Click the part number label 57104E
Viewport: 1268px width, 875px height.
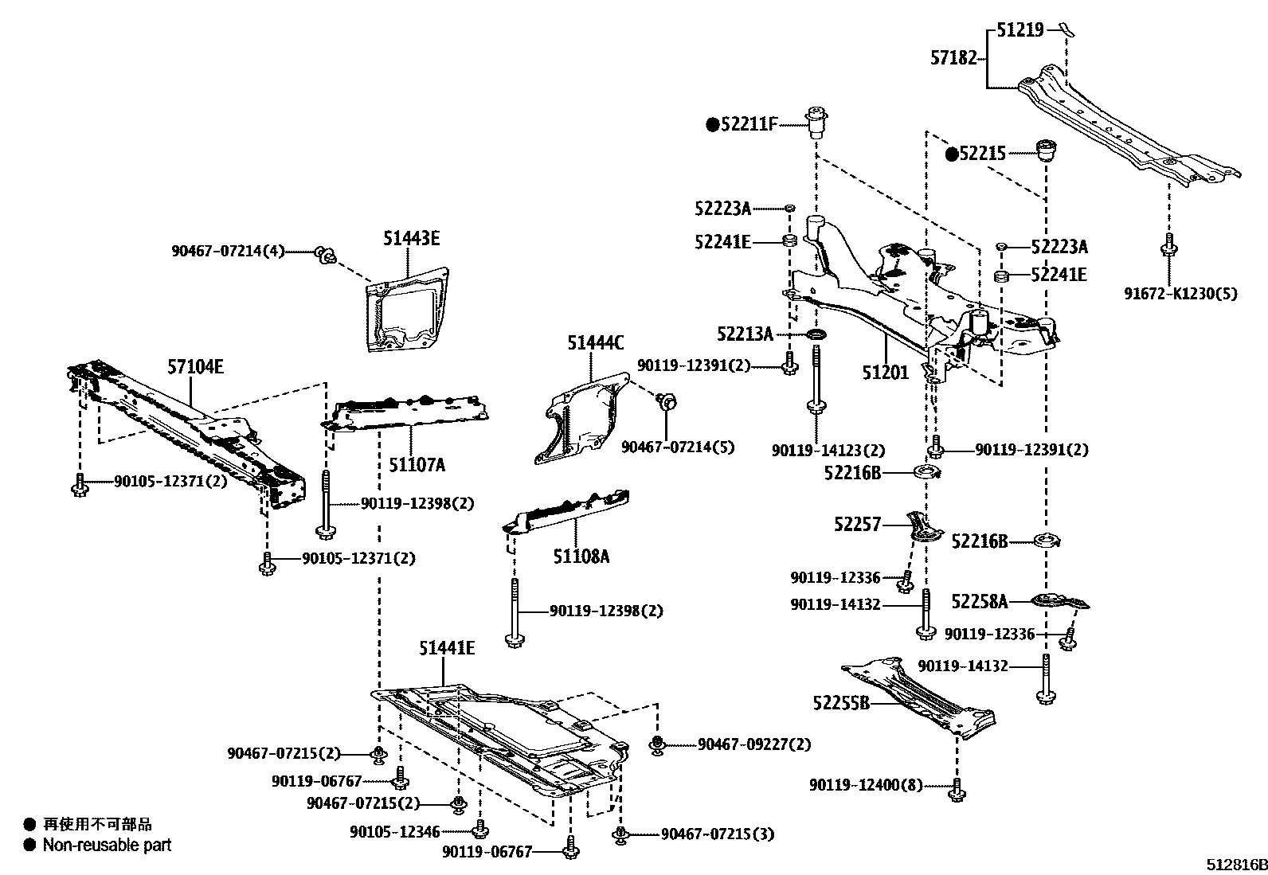tap(195, 367)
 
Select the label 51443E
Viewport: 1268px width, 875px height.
tap(411, 237)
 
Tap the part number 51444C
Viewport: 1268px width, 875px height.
tap(595, 343)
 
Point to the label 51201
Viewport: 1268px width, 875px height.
tap(884, 372)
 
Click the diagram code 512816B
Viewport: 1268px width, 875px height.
tap(1235, 864)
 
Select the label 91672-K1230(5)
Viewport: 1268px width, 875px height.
tap(1181, 293)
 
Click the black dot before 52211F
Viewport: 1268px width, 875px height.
tap(713, 124)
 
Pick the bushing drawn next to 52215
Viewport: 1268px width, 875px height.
tap(1047, 150)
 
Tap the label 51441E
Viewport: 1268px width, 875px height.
tap(447, 649)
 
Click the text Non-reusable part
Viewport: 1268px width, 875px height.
tap(107, 845)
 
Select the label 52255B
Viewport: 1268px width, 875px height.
tap(841, 703)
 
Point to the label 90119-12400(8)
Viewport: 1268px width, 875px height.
tap(866, 785)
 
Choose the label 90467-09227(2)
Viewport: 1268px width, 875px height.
tap(754, 744)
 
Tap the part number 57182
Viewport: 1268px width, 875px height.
tap(953, 57)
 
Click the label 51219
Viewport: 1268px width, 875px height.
tap(1019, 31)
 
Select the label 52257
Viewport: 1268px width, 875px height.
tap(858, 524)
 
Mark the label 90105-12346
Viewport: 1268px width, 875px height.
tap(394, 832)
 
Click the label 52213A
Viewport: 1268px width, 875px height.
tap(745, 334)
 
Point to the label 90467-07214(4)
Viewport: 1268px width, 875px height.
tap(228, 250)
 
